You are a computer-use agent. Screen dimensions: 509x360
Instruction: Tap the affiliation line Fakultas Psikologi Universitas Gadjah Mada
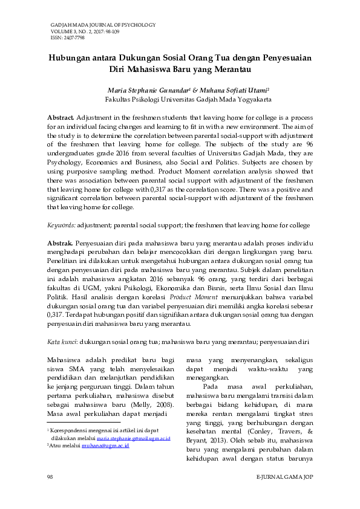pos(188,98)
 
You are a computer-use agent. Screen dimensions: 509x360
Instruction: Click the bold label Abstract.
pos(61,116)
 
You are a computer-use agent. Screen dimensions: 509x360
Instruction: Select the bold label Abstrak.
pos(61,242)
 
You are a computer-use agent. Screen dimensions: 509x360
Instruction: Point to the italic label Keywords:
pos(62,225)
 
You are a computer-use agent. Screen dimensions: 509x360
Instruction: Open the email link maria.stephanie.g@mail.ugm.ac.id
pos(134,438)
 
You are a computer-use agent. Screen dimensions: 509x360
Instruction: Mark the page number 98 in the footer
pos(50,478)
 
